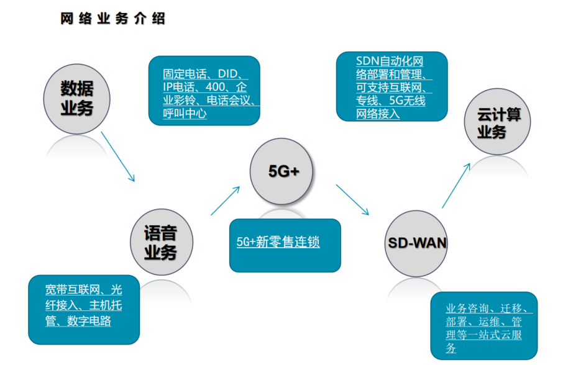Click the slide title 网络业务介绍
pos(112,19)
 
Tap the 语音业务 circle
pos(161,243)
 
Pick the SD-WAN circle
pos(414,243)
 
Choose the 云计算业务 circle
pos(499,123)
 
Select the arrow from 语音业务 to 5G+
pos(226,200)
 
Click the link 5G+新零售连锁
pos(278,242)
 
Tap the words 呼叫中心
pos(185,114)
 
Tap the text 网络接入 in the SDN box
pos(378,114)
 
